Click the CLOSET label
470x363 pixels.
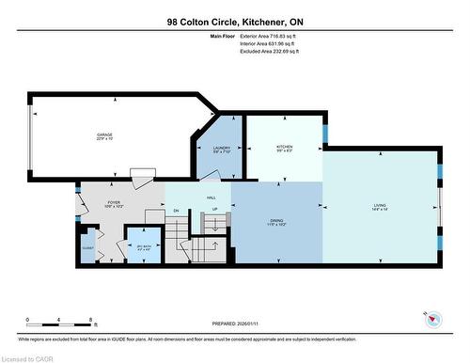pyautogui.click(x=88, y=249)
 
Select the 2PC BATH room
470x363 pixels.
pyautogui.click(x=143, y=247)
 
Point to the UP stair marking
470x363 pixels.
pyautogui.click(x=214, y=209)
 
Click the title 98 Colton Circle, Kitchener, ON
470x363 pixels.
pyautogui.click(x=234, y=21)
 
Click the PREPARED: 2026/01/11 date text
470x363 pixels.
pyautogui.click(x=234, y=325)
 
